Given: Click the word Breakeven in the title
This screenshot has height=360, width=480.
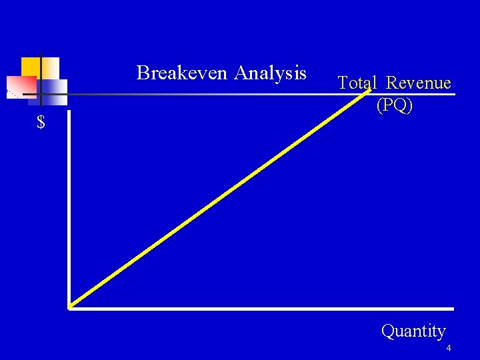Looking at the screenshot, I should [183, 72].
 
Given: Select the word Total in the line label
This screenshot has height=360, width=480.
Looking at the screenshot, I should [359, 83].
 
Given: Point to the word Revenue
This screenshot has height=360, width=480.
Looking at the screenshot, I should [419, 83].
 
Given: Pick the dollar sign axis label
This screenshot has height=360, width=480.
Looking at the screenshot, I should [41, 123].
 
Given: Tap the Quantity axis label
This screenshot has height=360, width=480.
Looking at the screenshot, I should [413, 331].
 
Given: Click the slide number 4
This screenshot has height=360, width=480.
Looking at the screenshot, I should [449, 348].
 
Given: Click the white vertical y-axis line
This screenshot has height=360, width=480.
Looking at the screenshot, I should [68, 213].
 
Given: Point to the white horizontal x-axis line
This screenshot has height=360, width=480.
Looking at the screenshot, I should [267, 309].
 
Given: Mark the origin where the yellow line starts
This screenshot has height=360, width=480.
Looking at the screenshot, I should [70, 307].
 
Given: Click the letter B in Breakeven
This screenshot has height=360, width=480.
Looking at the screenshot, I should [142, 72].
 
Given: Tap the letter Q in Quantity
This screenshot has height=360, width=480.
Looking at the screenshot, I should [388, 331].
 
